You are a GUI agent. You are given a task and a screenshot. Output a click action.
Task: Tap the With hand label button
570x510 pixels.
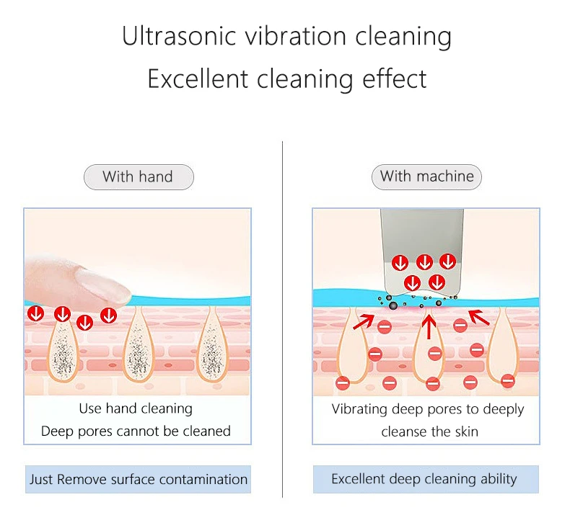click(139, 177)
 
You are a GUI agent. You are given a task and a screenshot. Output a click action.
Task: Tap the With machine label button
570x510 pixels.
click(426, 176)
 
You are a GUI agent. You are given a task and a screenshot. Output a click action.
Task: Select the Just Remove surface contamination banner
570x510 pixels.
click(139, 479)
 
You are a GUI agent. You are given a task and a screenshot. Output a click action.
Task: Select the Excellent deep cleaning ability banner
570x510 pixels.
click(425, 479)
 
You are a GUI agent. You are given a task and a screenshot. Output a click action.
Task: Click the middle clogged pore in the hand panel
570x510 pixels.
click(138, 349)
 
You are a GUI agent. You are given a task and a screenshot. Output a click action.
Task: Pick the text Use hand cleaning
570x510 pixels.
click(136, 409)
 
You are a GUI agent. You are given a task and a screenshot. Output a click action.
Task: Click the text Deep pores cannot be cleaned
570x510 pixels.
click(136, 431)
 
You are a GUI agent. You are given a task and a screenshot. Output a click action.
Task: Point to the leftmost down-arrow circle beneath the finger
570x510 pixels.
click(35, 314)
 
